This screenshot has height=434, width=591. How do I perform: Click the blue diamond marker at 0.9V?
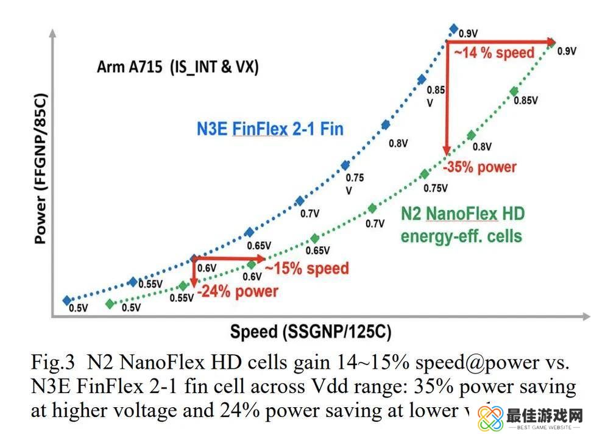(x=453, y=29)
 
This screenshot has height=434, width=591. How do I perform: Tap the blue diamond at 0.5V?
(x=67, y=300)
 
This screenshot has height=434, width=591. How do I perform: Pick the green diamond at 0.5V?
(x=110, y=303)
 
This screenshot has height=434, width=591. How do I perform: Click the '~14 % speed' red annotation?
(x=494, y=52)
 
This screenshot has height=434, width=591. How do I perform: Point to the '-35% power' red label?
(x=480, y=166)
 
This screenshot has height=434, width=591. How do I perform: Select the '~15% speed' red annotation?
(x=307, y=268)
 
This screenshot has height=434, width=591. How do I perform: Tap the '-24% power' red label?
(x=237, y=291)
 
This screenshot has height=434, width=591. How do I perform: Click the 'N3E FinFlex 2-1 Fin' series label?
(x=270, y=129)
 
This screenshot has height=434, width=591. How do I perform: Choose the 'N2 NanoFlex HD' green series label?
(x=462, y=213)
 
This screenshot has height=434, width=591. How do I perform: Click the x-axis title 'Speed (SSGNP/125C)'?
(x=310, y=332)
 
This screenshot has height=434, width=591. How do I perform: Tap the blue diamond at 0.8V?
(x=385, y=125)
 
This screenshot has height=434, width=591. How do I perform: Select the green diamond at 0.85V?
(x=514, y=91)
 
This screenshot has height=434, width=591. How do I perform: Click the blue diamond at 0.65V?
(x=249, y=232)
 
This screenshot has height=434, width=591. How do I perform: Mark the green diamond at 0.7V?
(x=372, y=208)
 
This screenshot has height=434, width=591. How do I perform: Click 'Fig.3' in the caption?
(x=52, y=363)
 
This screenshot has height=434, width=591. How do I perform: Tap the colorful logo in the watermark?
(x=489, y=418)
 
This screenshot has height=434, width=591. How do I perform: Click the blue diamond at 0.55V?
(x=133, y=281)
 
